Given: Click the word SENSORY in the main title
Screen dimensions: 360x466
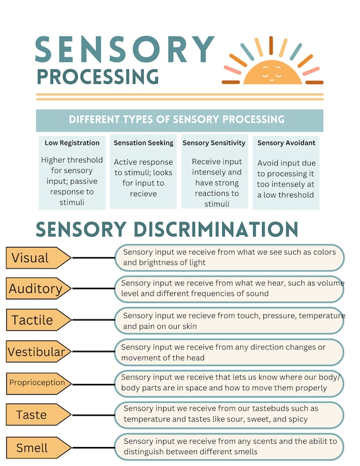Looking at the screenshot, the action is (124, 49).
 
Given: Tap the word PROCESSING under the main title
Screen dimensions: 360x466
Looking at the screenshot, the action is (98, 76).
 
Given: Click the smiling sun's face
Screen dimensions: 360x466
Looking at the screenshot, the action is (273, 72).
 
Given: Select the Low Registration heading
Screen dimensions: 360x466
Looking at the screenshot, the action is (72, 143).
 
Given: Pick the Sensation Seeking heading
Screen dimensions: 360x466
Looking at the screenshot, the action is (143, 143).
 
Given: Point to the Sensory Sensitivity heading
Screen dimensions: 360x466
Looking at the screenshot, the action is (214, 143).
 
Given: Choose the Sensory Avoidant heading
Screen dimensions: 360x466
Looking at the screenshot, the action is (286, 143).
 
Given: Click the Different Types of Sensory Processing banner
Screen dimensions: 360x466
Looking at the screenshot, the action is (179, 121).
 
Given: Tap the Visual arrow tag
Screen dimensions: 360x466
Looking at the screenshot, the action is (39, 258).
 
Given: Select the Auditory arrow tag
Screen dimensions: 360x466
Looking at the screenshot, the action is (39, 289).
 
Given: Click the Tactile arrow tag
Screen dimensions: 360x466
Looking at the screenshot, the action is (39, 320).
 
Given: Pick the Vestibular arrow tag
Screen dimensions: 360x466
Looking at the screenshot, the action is (39, 351).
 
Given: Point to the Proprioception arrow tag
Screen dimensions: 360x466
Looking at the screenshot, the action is (39, 383).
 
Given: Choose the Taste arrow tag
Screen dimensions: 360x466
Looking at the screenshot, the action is (39, 415).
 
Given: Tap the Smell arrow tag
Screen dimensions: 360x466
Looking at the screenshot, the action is (39, 448).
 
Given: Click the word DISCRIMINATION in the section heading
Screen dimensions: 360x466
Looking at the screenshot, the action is (215, 229).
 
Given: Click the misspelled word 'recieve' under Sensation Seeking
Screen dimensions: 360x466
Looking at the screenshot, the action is (143, 194).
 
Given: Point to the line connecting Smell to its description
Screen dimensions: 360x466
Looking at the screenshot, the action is (93, 448).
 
